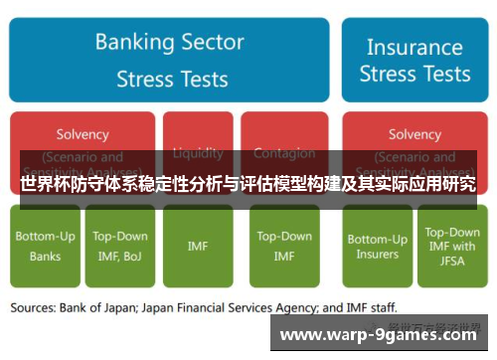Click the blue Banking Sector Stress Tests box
pos(169,60)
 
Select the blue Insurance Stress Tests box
pos(414,60)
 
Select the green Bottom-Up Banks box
pos(44,247)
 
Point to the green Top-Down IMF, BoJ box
pos(120,247)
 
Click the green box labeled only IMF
pos(198,247)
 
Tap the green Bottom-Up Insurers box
pos(377,247)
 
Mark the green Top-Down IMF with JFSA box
pos(452,247)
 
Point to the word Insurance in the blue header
pos(414,46)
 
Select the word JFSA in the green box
pos(452,261)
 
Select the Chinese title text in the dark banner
pos(248,185)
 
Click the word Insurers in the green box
pos(377,255)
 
